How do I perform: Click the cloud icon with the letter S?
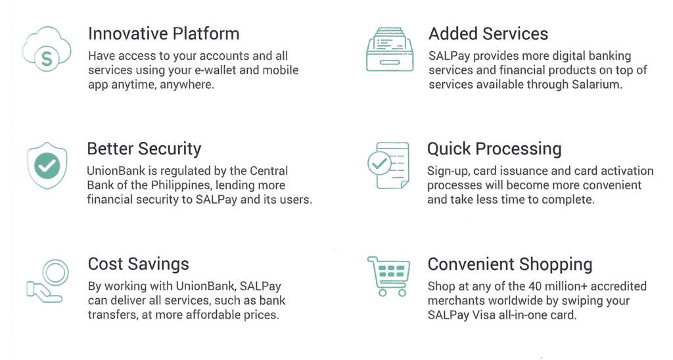47,49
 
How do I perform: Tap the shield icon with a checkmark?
47,166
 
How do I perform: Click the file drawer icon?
390,49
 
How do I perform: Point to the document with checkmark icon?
388,165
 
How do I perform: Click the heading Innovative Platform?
164,34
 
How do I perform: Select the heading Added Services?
488,34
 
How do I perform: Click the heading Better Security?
144,149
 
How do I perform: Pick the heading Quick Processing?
494,149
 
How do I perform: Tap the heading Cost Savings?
138,264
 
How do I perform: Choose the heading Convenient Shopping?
510,264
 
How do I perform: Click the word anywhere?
187,85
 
